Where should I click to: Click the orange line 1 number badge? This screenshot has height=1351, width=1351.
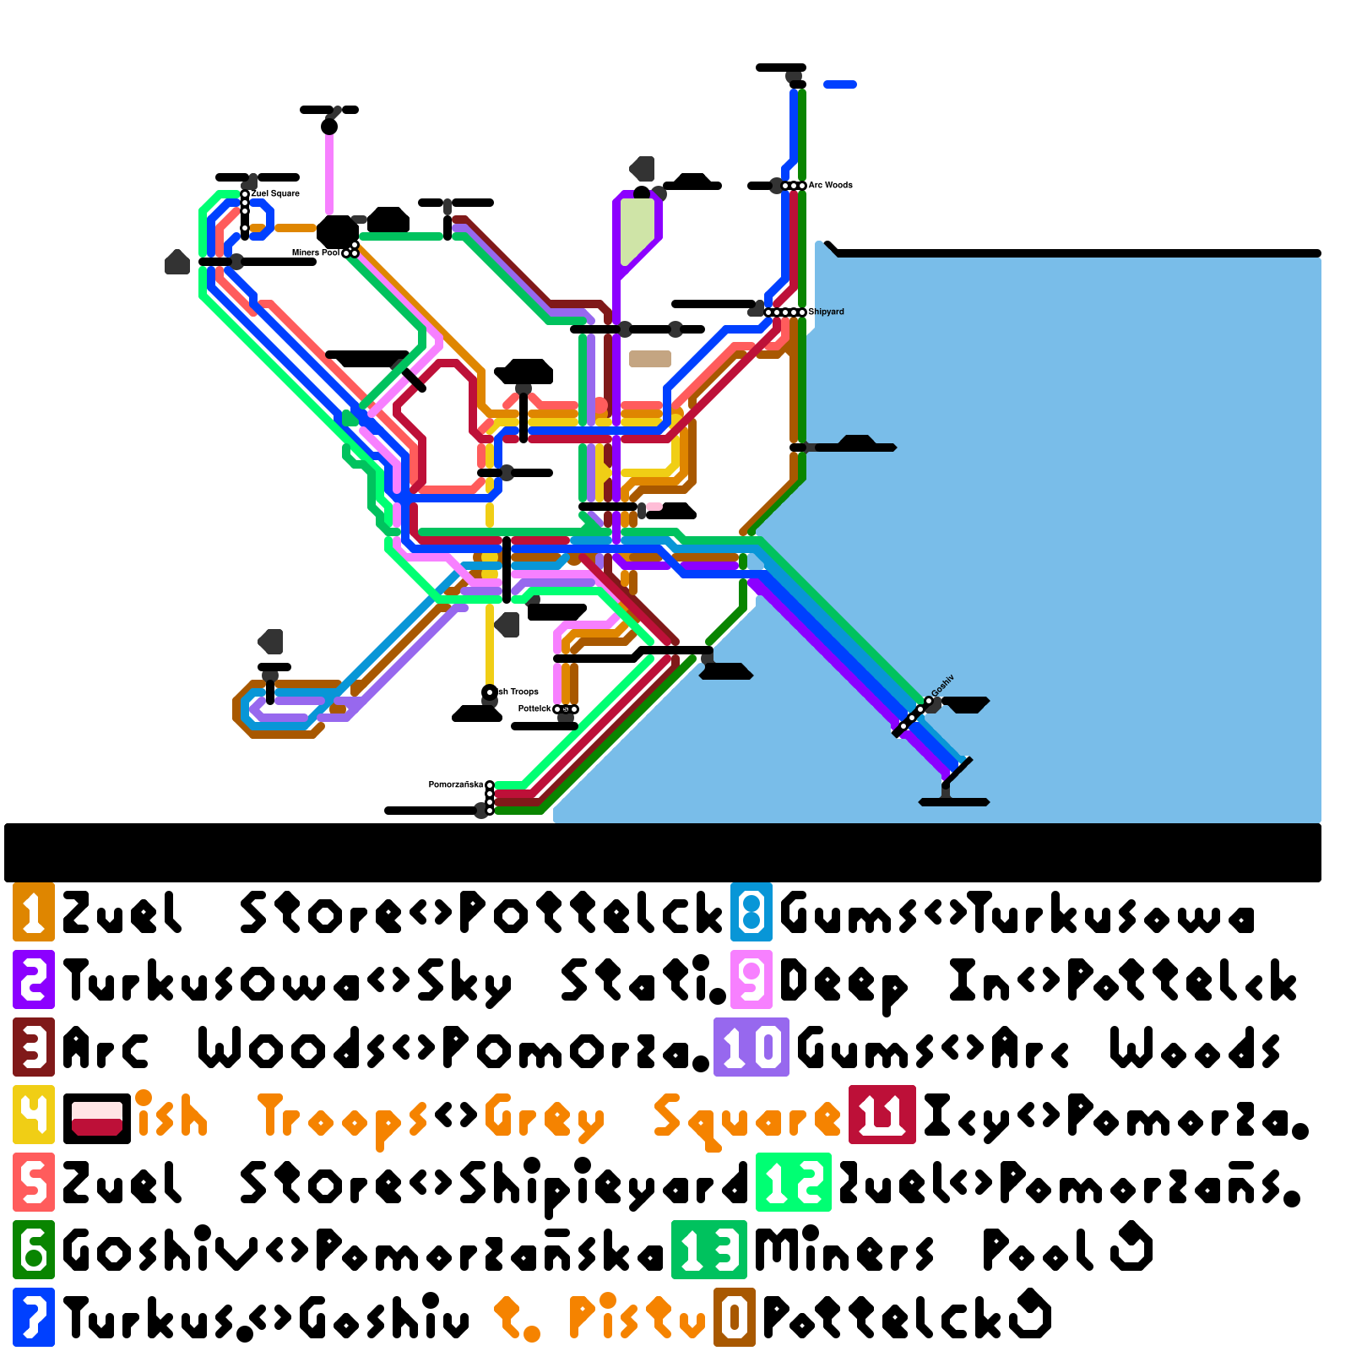point(34,912)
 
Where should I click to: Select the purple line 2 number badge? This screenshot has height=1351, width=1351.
point(34,979)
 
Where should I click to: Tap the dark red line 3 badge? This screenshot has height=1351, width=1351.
point(34,1047)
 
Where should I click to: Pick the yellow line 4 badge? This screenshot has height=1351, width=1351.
point(34,1115)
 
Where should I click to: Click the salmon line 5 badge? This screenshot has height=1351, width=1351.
point(34,1182)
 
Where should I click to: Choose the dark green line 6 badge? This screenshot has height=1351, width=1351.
point(34,1250)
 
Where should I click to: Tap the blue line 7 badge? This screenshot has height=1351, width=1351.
point(34,1317)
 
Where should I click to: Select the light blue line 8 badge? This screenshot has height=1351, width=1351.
point(751,912)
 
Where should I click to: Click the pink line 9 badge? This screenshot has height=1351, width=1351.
point(751,979)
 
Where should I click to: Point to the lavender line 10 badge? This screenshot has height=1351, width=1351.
point(751,1047)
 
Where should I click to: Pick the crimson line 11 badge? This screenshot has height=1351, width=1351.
point(882,1115)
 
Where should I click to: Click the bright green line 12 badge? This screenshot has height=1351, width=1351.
point(794,1182)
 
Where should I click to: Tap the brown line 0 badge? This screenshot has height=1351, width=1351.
point(735,1317)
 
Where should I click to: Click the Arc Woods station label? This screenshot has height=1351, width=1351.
point(830,185)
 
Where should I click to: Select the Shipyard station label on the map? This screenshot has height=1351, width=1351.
point(826,312)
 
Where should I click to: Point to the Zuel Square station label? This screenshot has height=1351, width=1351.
point(275,193)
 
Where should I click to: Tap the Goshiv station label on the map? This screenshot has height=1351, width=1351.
point(943,686)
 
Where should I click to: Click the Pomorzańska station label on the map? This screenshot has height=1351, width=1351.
point(456,784)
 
